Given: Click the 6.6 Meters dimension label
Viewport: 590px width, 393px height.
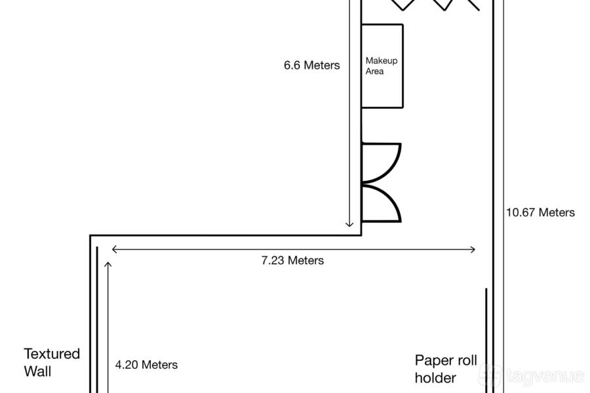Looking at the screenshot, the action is (311, 65).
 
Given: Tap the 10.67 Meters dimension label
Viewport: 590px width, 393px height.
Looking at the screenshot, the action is (540, 212).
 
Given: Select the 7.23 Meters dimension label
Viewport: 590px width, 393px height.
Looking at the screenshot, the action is (292, 260).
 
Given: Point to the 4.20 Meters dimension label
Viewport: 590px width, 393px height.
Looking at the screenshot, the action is (146, 364).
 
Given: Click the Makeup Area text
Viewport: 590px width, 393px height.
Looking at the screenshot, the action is (381, 65).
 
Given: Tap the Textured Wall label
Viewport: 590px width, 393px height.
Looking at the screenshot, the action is (52, 362).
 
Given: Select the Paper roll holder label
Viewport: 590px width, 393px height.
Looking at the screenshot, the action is (446, 369).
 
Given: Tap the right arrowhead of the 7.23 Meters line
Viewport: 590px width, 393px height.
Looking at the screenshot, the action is (472, 250).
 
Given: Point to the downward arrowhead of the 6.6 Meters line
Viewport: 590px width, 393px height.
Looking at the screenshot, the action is (349, 224).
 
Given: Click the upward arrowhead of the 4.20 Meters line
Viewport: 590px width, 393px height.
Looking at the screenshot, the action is (108, 265).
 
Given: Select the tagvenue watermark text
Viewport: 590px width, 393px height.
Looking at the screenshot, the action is (545, 376).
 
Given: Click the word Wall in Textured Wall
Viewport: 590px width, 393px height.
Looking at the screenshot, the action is (37, 371).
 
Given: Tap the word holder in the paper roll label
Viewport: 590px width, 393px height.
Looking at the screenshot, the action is (435, 377).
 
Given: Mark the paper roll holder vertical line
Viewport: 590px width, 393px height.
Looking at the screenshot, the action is (486, 341).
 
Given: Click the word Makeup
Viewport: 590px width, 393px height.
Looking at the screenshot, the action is (381, 61).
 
